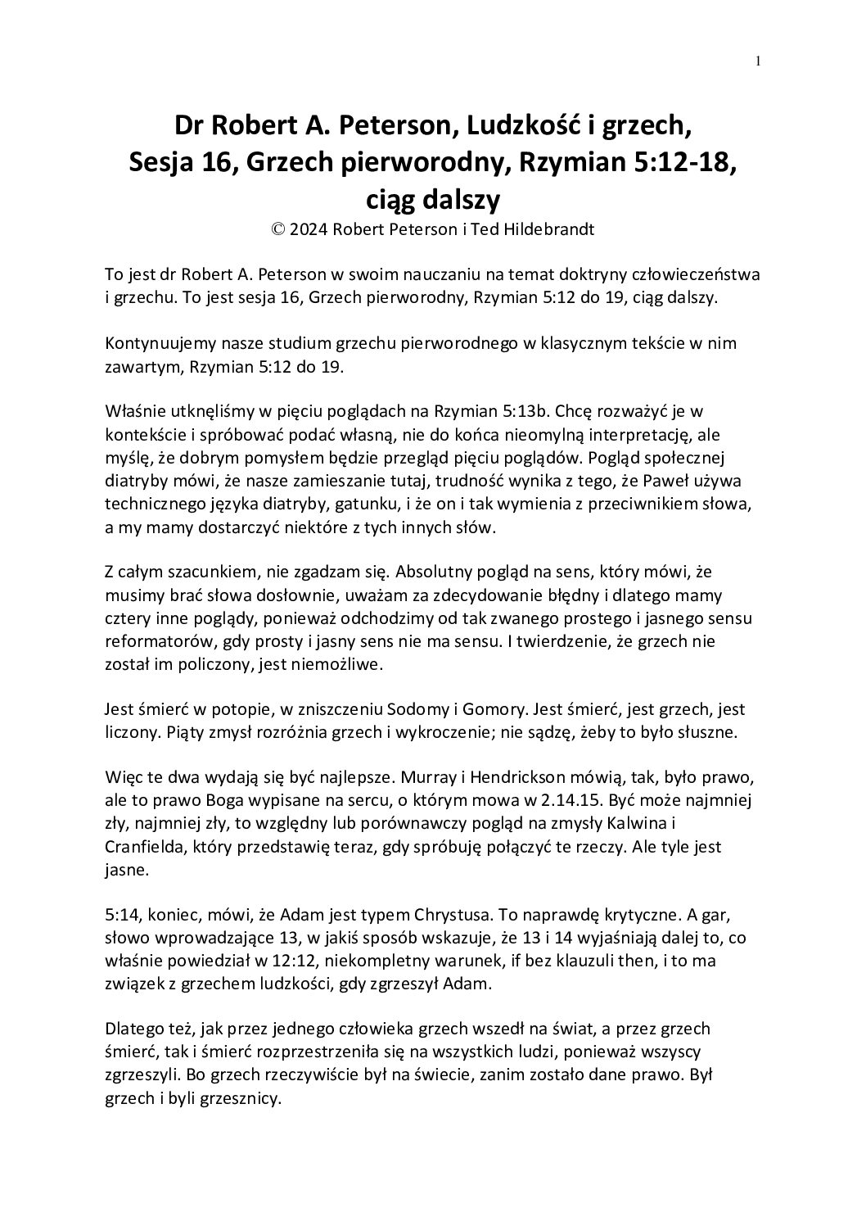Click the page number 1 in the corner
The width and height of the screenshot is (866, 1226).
click(759, 61)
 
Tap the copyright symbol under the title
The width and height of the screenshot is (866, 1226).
click(277, 229)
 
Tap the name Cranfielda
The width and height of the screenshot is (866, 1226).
click(145, 846)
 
